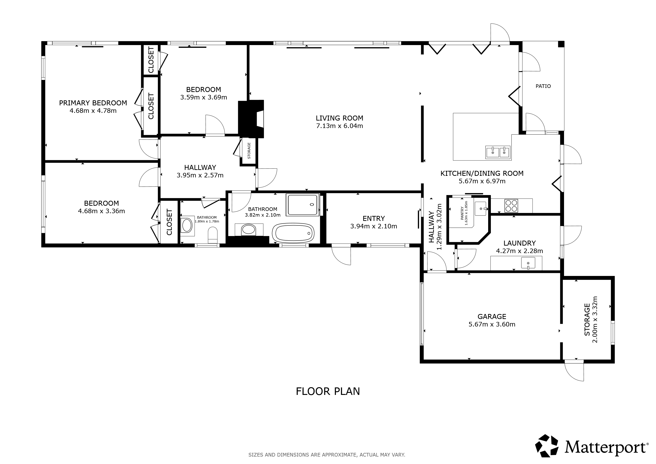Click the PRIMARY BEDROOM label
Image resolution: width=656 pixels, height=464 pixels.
[x=93, y=103]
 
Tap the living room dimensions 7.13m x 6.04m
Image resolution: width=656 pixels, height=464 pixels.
[x=339, y=126]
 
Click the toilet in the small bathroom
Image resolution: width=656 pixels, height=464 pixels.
[x=213, y=235]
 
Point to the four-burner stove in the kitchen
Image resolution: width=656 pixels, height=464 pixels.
[x=511, y=205]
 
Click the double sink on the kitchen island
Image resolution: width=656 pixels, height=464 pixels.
[x=498, y=152]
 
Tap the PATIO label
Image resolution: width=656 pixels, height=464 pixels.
[x=543, y=86]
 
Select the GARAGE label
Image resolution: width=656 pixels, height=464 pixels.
[x=492, y=317]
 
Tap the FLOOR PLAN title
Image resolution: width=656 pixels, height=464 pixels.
[x=328, y=391]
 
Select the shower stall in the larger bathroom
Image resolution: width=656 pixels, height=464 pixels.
[x=303, y=205]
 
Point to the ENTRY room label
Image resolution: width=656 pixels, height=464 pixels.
[x=374, y=219]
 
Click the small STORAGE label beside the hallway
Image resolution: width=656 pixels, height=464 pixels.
[x=249, y=151]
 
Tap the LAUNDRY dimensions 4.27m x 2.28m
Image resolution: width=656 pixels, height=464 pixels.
[x=519, y=251]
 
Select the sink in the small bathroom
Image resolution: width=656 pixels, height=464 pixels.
[x=187, y=226]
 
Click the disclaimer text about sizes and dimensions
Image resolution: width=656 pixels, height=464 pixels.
[x=327, y=454]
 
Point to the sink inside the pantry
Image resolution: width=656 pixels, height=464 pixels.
[x=481, y=209]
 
